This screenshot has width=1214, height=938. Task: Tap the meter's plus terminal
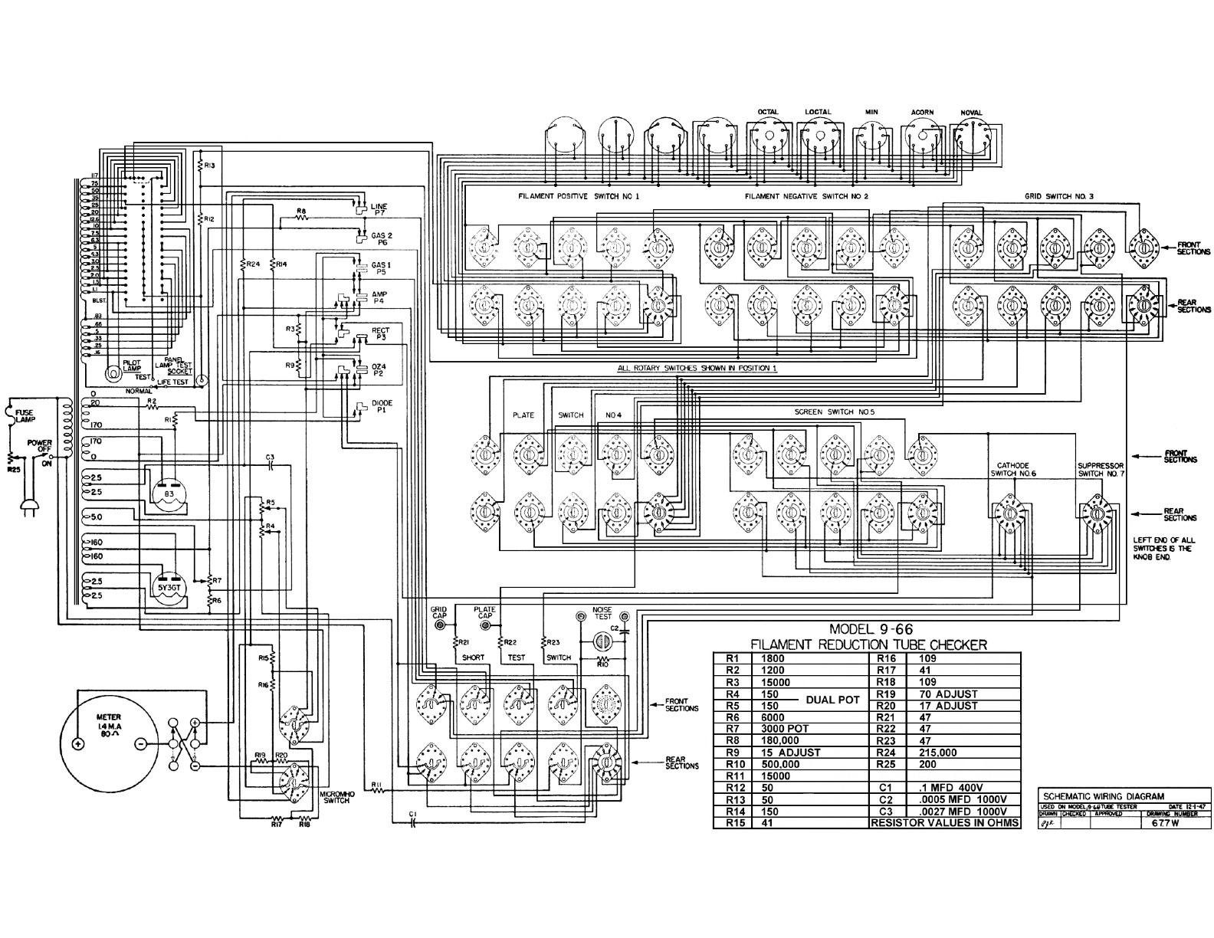[77, 743]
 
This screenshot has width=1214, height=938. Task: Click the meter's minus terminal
[140, 743]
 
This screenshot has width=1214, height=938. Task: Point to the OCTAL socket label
[768, 112]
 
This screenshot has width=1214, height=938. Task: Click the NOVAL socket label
[971, 113]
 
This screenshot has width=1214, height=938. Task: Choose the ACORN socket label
[922, 112]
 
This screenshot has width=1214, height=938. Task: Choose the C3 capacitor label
[269, 458]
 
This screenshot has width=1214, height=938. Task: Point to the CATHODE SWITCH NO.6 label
[1017, 469]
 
